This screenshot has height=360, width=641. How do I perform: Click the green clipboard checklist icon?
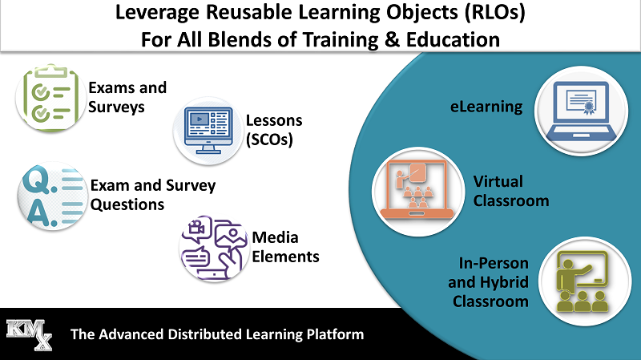(x=50, y=98)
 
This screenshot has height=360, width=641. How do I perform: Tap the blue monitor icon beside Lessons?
(x=208, y=131)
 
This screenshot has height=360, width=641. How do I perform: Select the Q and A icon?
(x=52, y=196)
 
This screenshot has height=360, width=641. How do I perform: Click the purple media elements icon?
(x=214, y=249)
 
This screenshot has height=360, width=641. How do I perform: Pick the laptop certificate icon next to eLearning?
(x=581, y=111)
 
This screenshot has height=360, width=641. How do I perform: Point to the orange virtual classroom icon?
(x=417, y=191)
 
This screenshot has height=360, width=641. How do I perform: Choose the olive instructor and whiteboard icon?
(x=584, y=281)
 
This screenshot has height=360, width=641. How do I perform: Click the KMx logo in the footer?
(x=30, y=334)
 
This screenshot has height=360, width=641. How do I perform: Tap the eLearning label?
(x=486, y=107)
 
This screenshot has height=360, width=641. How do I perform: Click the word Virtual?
(x=498, y=181)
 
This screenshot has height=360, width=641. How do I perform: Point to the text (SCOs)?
(x=269, y=140)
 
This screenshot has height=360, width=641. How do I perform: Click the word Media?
(x=275, y=237)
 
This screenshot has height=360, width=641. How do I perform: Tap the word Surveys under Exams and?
(x=116, y=107)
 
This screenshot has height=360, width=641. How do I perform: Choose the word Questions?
(x=127, y=204)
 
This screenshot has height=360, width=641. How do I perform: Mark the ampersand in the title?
(x=392, y=39)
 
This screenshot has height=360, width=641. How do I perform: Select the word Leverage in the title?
(x=158, y=13)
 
